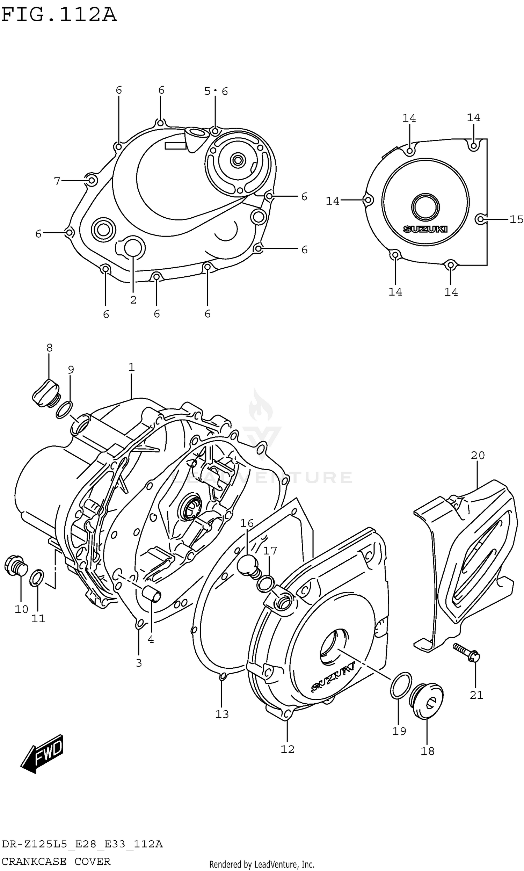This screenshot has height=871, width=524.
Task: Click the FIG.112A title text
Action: (59, 15)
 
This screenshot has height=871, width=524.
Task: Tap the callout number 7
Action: (57, 181)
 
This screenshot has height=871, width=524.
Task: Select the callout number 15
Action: (516, 219)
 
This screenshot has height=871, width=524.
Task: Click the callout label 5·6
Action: (216, 92)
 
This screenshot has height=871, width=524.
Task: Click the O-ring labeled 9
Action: (64, 409)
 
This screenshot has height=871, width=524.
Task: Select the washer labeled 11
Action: (37, 578)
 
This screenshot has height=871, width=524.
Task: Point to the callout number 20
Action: (478, 456)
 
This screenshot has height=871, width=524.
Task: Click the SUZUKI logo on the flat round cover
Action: (425, 229)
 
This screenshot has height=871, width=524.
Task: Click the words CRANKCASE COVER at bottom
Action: (56, 861)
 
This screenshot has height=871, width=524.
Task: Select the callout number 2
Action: (133, 300)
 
